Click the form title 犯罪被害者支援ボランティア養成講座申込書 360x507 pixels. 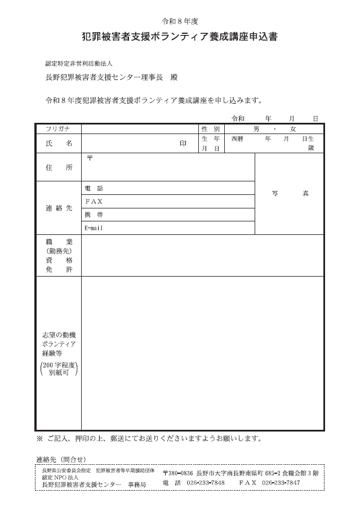(x=180, y=38)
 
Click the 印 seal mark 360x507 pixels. (x=183, y=144)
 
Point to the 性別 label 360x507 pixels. (x=210, y=129)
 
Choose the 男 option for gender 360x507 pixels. (x=256, y=129)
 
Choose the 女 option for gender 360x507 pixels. (x=293, y=129)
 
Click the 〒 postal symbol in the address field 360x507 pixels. (x=89, y=158)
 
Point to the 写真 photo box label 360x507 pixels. (x=290, y=193)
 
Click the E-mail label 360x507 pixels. (x=94, y=228)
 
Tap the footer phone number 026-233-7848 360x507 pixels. (x=206, y=483)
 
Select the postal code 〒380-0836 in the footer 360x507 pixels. (x=178, y=473)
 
